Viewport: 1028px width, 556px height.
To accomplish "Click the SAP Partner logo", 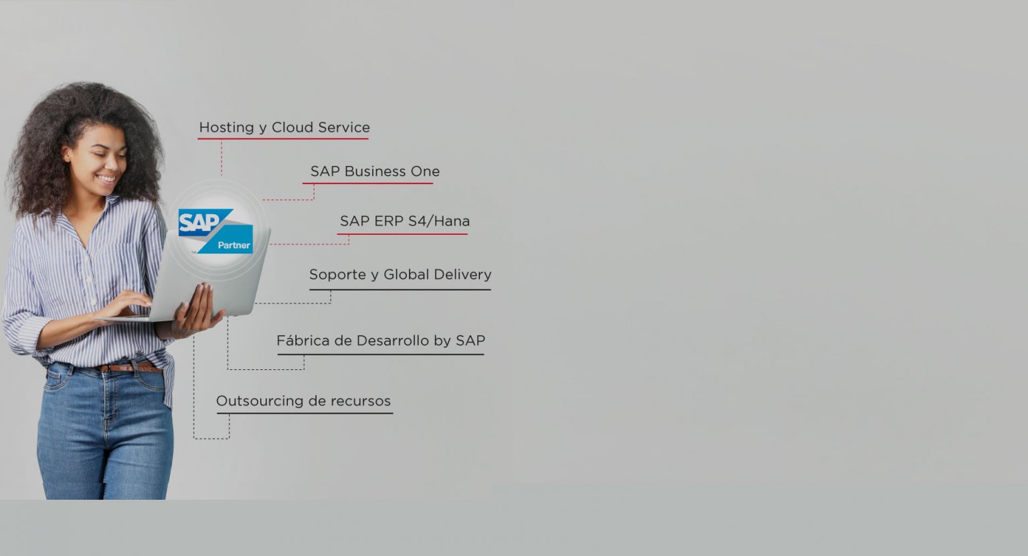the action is (x=216, y=231).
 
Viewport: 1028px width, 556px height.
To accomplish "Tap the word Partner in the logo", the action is (x=234, y=246).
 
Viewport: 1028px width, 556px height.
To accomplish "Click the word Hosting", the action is (x=227, y=128).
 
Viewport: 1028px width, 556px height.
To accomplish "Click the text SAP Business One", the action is (x=375, y=171).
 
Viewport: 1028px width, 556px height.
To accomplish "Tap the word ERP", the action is (x=389, y=221).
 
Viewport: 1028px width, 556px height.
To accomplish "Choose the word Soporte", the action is (x=338, y=275).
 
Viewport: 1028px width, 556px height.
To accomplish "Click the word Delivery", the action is (x=462, y=275).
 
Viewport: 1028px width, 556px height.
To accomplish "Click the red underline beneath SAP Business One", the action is (x=367, y=183).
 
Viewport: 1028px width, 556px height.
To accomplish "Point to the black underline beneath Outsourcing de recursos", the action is (x=305, y=413).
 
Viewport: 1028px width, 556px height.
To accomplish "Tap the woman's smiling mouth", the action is (x=107, y=178).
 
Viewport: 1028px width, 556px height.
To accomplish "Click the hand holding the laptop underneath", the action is (x=197, y=312).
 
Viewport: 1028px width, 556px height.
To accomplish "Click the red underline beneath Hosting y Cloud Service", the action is (x=283, y=138).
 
